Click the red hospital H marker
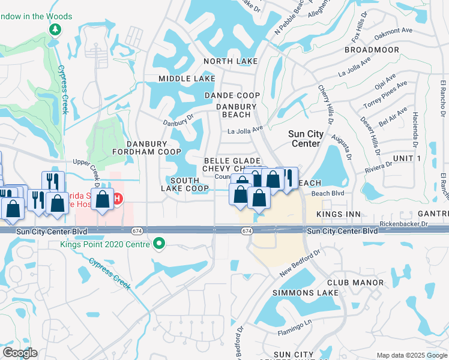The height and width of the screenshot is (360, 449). tap(118, 198)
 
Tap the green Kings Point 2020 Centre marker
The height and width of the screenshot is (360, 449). tap(159, 244)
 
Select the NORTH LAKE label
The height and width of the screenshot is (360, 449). tap(231, 61)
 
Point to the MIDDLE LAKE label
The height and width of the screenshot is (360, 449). tap(187, 79)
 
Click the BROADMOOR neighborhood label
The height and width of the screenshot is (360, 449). tap(372, 50)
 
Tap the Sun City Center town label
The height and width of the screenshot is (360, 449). tap(306, 139)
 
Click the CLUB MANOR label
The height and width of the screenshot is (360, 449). tap(355, 282)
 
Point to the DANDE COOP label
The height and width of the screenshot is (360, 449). tap(232, 95)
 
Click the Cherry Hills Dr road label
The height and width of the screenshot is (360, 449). tap(328, 102)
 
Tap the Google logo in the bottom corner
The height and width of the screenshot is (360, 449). tap(20, 353)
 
